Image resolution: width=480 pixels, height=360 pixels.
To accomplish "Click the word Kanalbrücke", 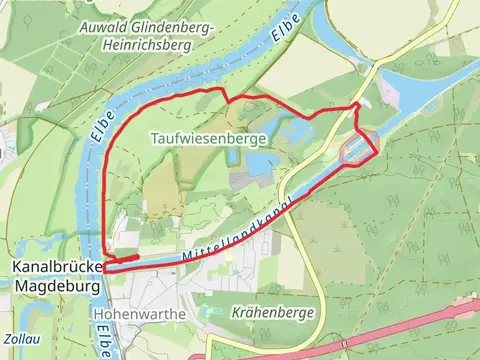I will pyautogui.click(x=57, y=268).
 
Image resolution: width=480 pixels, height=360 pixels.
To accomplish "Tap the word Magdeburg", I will pyautogui.click(x=57, y=286).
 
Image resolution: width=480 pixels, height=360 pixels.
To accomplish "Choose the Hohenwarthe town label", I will pyautogui.click(x=138, y=312).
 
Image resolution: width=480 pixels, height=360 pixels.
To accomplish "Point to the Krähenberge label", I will pyautogui.click(x=273, y=312).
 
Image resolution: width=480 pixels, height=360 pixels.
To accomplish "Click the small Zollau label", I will pyautogui.click(x=21, y=339).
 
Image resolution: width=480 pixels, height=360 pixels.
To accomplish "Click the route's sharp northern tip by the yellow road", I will pyautogui.click(x=358, y=104).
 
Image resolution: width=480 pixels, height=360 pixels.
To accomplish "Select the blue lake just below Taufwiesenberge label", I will pyautogui.click(x=257, y=163).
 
